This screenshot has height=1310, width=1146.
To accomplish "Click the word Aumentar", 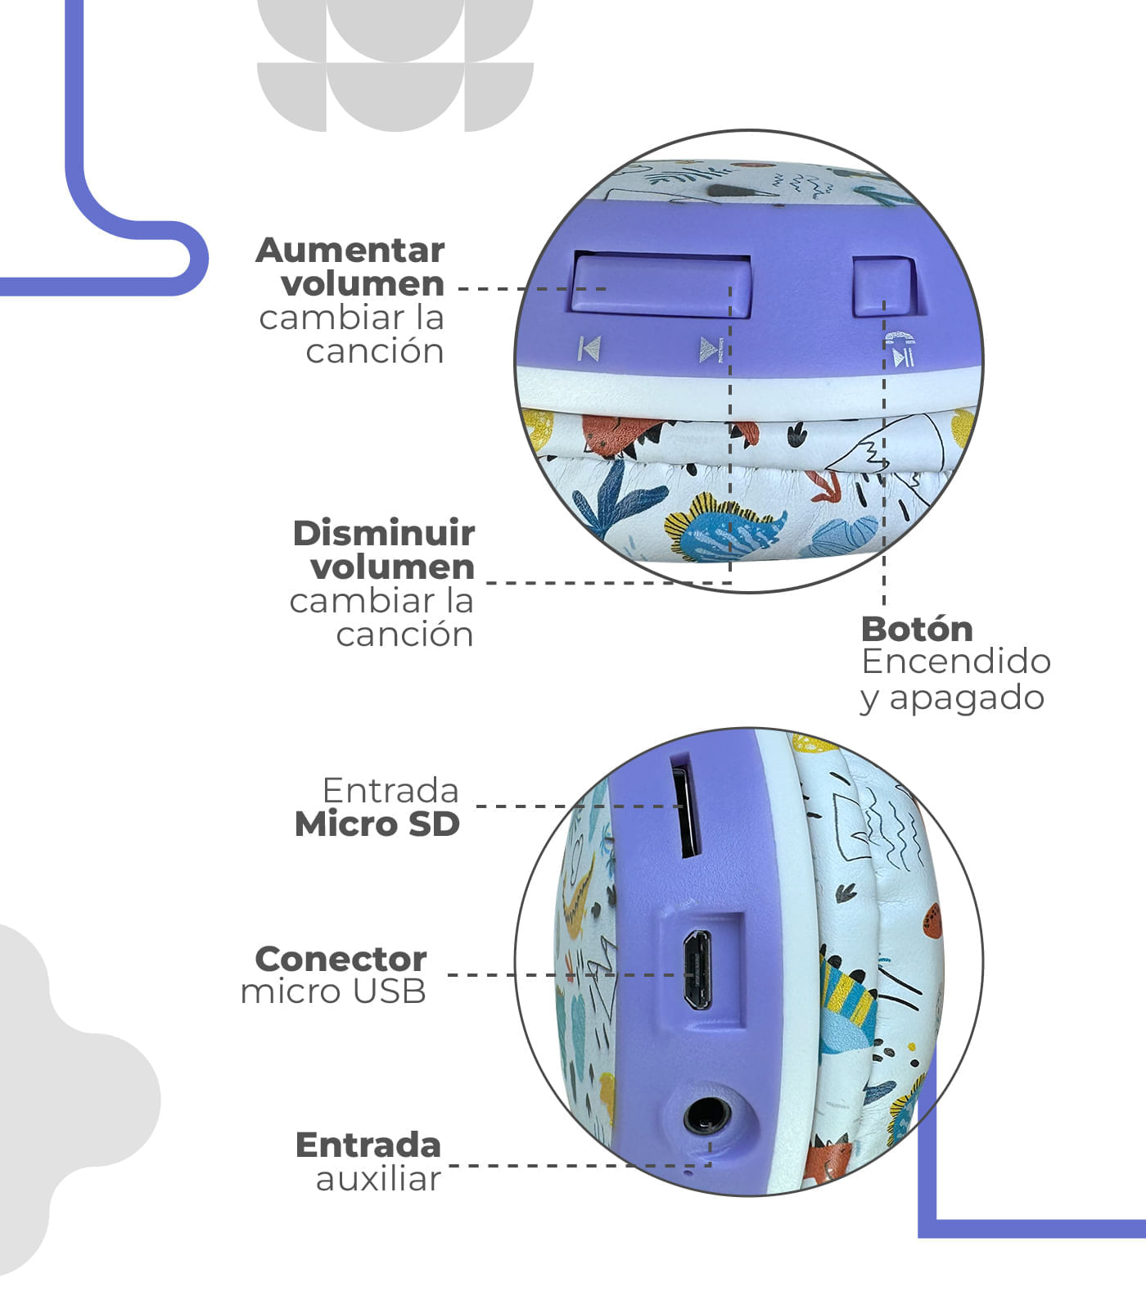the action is click(x=350, y=250).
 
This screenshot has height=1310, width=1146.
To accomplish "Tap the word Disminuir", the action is click(x=384, y=533).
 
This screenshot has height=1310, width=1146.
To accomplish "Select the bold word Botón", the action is click(x=917, y=629).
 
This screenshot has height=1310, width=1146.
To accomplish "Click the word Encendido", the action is click(x=956, y=662).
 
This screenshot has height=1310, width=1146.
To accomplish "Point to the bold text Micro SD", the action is click(x=377, y=824).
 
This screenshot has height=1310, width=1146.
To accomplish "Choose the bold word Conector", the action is click(x=341, y=958).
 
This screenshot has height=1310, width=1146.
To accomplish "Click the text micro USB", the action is click(x=333, y=992).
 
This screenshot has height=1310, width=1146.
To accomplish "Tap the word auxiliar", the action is click(x=378, y=1179).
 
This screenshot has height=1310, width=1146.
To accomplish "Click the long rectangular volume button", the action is click(x=661, y=284).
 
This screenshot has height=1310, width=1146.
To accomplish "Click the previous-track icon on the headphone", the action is click(x=589, y=349).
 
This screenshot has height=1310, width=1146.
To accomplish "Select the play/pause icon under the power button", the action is click(x=903, y=357).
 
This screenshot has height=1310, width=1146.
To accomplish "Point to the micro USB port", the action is click(x=697, y=969).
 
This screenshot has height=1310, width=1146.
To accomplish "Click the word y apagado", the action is click(x=952, y=698).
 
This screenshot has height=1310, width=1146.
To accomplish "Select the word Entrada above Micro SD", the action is click(x=390, y=790).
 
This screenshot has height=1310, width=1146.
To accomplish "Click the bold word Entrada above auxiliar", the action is click(x=368, y=1145).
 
